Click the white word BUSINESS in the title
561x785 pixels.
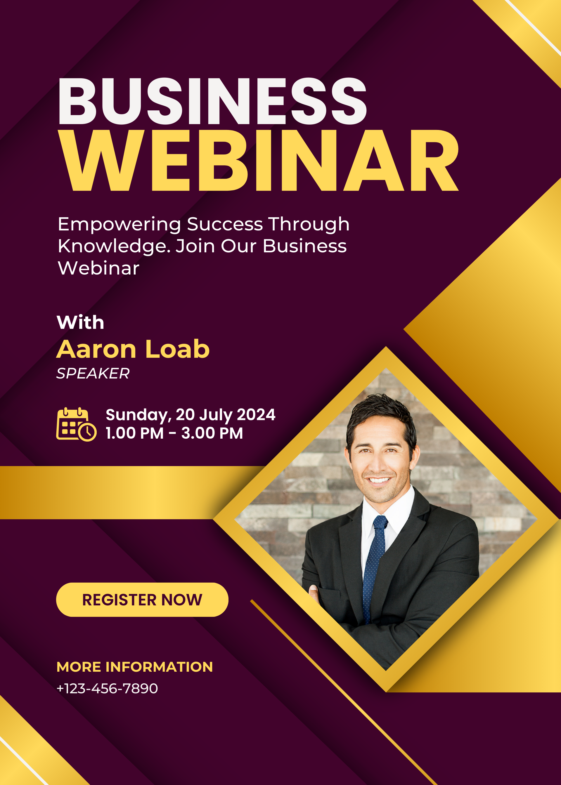point(212,101)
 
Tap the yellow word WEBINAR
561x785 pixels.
point(258,161)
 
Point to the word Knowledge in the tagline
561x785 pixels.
point(114,246)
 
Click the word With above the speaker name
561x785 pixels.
point(80,322)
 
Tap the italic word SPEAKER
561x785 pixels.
point(93,374)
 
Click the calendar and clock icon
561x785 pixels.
point(76,424)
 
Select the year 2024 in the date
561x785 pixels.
point(256,415)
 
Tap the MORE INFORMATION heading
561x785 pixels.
point(135,667)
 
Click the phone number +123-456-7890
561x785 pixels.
point(107,689)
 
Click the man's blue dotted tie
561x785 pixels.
point(374,566)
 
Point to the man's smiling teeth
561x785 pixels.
point(379,480)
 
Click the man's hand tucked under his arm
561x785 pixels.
point(314,593)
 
